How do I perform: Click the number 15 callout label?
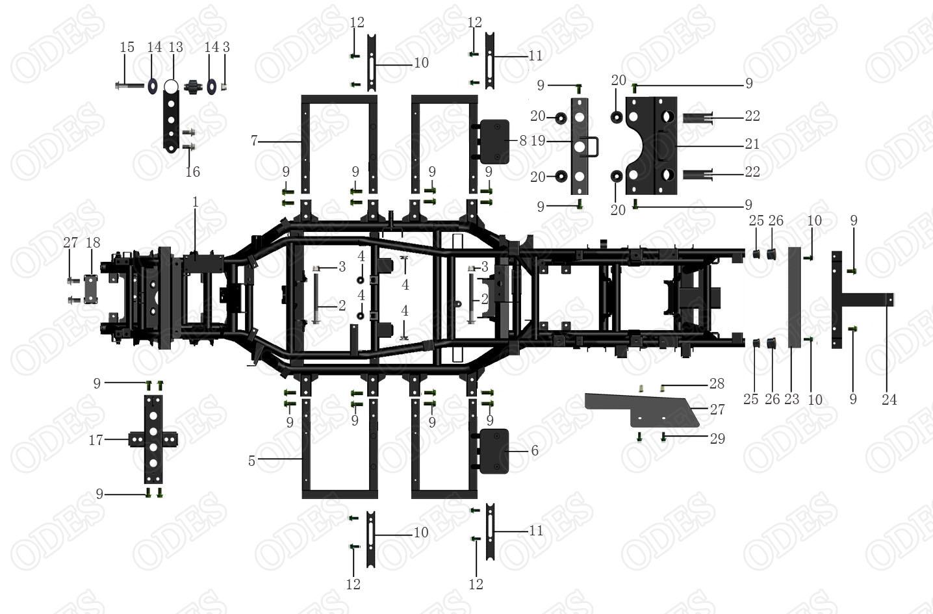pyautogui.click(x=127, y=47)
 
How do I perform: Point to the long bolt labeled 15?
pyautogui.click(x=129, y=85)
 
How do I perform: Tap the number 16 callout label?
pyautogui.click(x=192, y=172)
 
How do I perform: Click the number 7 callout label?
pyautogui.click(x=254, y=141)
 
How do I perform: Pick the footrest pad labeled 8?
pyautogui.click(x=495, y=142)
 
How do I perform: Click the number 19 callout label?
pyautogui.click(x=538, y=141)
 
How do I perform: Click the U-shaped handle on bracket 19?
pyautogui.click(x=594, y=147)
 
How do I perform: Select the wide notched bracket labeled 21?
pyautogui.click(x=651, y=146)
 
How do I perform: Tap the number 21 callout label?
pyautogui.click(x=752, y=144)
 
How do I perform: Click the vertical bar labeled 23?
pyautogui.click(x=795, y=298)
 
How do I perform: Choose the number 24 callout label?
pyautogui.click(x=889, y=400)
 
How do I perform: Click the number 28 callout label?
pyautogui.click(x=717, y=383)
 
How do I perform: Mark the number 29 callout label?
pyautogui.click(x=718, y=438)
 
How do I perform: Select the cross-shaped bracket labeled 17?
pyautogui.click(x=153, y=439)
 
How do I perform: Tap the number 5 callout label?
pyautogui.click(x=251, y=461)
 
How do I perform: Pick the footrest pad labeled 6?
pyautogui.click(x=494, y=451)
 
